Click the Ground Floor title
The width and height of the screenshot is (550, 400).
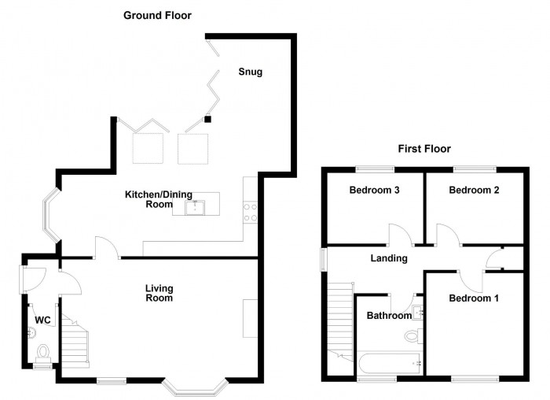tap(157, 15)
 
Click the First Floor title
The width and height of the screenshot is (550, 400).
tap(423, 149)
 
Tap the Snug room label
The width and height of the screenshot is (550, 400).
tap(251, 72)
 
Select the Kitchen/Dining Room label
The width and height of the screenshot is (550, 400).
tap(148, 198)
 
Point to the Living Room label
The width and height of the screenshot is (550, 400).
tap(159, 293)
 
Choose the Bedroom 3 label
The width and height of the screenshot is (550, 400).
tap(374, 191)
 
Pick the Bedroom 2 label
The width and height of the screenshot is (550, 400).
tap(474, 191)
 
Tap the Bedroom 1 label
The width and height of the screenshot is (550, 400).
tap(474, 298)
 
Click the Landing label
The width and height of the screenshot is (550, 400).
tap(389, 258)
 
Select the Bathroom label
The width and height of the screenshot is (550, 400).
tap(389, 316)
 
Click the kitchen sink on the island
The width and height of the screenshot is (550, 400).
tap(194, 207)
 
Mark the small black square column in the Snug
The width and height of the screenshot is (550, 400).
tap(208, 120)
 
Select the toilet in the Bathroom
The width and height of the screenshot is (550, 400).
tap(412, 337)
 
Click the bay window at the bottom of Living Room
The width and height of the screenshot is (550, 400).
tap(194, 388)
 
